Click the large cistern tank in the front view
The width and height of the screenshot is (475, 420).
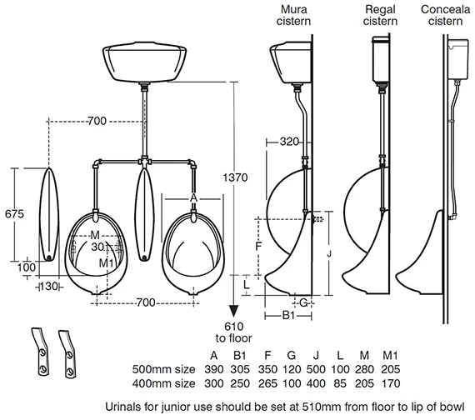pos(145,60)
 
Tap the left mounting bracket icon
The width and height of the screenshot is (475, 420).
pos(40,350)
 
